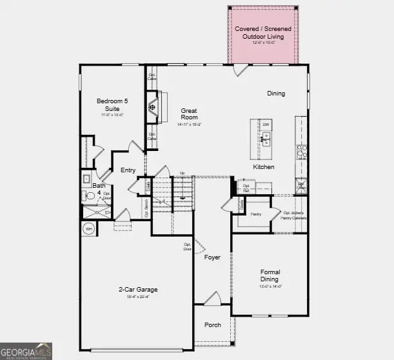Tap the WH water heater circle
[x=89, y=228]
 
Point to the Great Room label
[x=189, y=114]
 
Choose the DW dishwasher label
[x=265, y=125]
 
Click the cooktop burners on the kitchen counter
[x=300, y=152]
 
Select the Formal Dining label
[x=270, y=275]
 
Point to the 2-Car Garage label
[x=138, y=290]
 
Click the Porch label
[x=212, y=325]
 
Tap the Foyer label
[x=212, y=257]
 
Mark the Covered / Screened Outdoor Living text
[x=262, y=33]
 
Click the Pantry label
[x=256, y=212]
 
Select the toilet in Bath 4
[x=90, y=195]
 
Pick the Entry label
[x=128, y=170]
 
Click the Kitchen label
[x=263, y=167]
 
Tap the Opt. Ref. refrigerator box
[x=246, y=188]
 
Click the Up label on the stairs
[x=182, y=174]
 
